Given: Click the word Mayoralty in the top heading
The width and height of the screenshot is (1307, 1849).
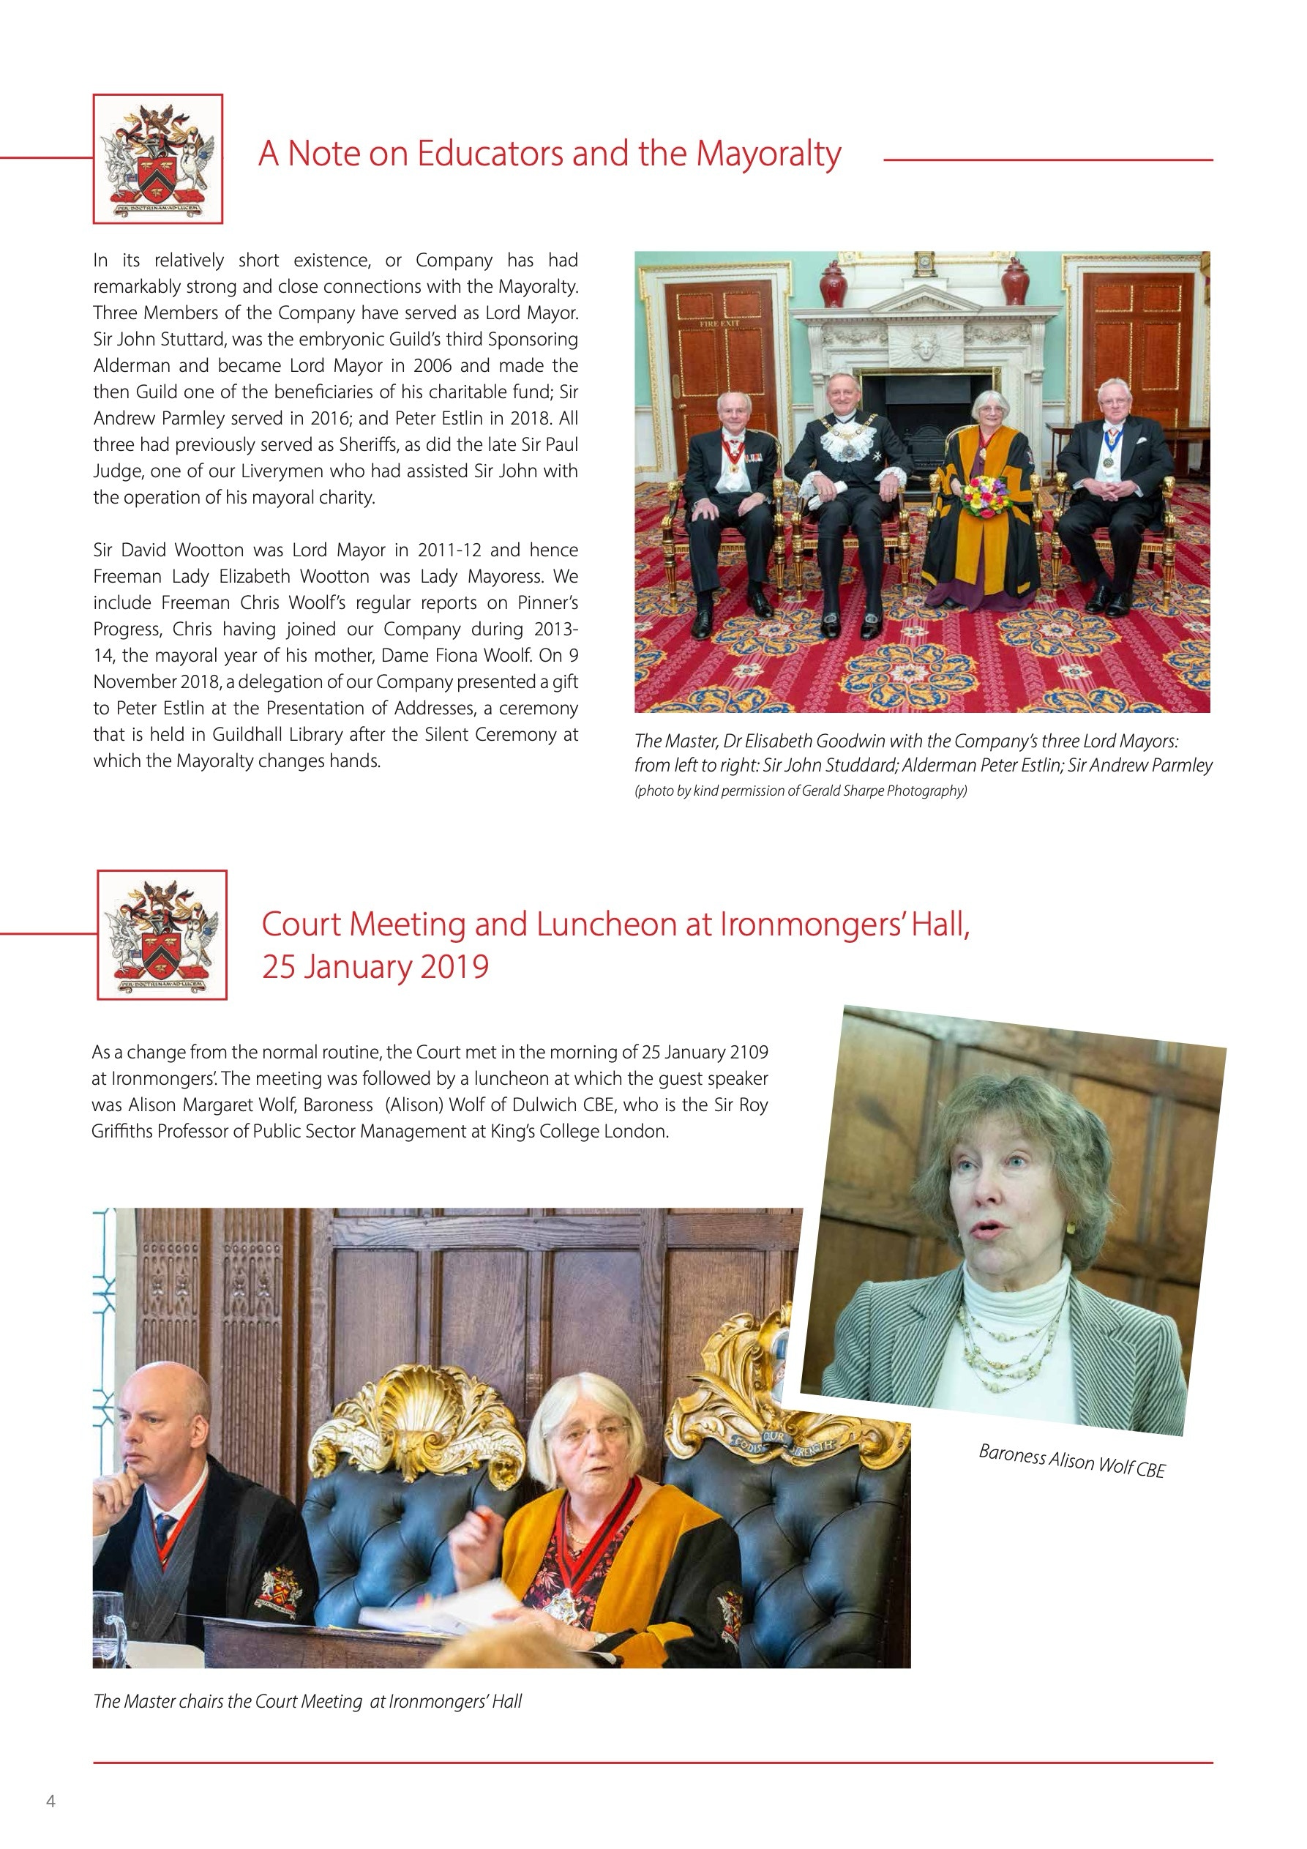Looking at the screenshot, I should click(x=768, y=154).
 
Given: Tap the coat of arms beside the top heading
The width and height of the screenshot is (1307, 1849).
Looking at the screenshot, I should click(x=158, y=159).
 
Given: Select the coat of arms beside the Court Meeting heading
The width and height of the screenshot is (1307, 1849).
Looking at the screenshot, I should click(x=162, y=935).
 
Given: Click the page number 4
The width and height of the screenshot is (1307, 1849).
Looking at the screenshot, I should click(x=50, y=1801).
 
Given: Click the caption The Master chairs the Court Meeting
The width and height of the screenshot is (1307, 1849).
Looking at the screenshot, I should click(x=307, y=1702).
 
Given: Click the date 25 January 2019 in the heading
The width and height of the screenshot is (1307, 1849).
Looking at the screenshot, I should click(x=375, y=967).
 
